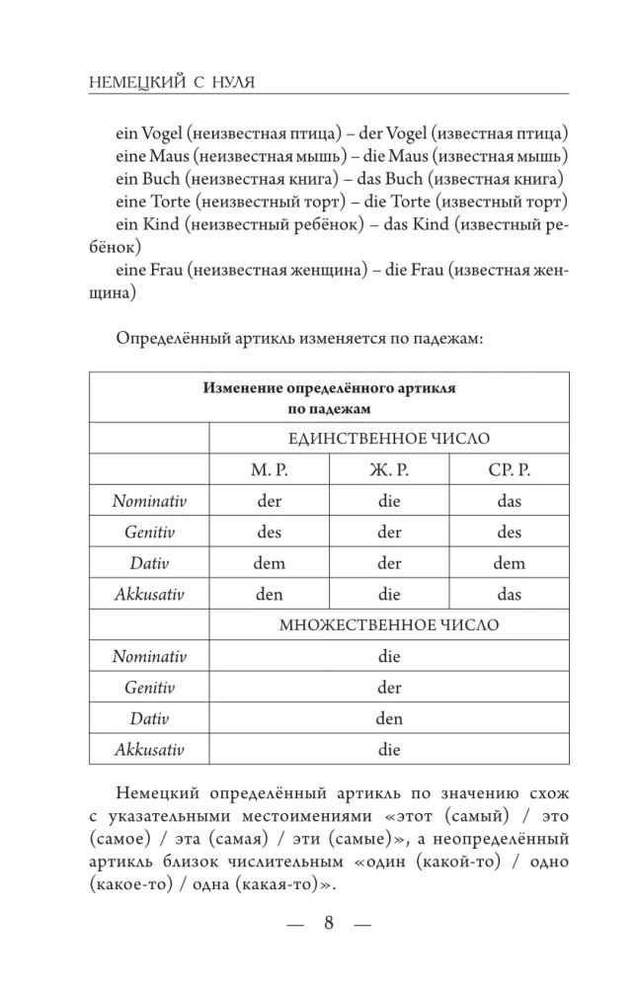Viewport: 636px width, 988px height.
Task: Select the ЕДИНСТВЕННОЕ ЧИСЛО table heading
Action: [x=389, y=438]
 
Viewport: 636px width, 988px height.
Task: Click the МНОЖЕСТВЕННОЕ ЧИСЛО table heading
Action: [x=389, y=625]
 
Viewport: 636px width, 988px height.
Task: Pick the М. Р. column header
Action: [x=269, y=469]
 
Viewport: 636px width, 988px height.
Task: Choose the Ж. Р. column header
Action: [x=389, y=469]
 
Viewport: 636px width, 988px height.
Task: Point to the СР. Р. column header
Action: [x=509, y=469]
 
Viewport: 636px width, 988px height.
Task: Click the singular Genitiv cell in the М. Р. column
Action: [x=269, y=533]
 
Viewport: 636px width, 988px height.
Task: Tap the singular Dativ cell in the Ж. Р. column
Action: [x=389, y=563]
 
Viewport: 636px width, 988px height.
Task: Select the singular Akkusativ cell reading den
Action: [x=269, y=595]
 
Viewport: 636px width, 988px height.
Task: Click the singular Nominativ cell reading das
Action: [x=509, y=501]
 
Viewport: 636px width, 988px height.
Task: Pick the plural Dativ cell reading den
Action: [x=389, y=719]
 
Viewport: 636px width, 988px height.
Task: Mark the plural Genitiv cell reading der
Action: [x=389, y=688]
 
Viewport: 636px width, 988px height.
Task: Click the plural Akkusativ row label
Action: [x=149, y=750]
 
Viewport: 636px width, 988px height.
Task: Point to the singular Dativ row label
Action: [x=149, y=563]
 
